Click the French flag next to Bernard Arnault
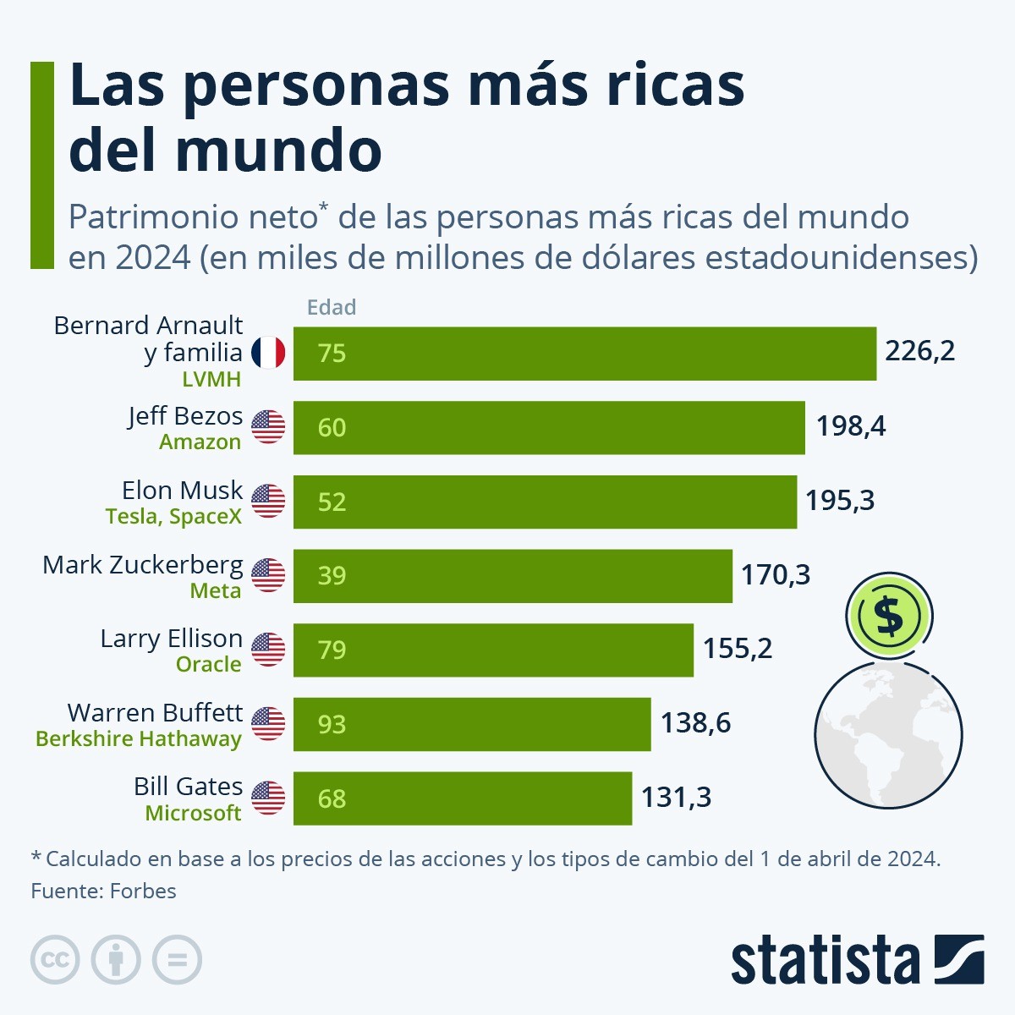click(268, 352)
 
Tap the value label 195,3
click(839, 501)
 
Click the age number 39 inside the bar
click(332, 576)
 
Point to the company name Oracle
click(208, 665)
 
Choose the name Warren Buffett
click(155, 712)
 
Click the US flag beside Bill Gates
click(268, 798)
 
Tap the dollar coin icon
click(888, 616)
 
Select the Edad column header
click(331, 307)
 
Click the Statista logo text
click(825, 961)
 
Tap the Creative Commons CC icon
click(55, 960)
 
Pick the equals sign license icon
click(177, 960)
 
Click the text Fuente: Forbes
click(103, 891)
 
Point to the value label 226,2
click(919, 351)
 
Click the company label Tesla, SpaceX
click(173, 516)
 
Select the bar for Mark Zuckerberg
click(512, 576)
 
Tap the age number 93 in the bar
click(332, 724)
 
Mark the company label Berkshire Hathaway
click(139, 738)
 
